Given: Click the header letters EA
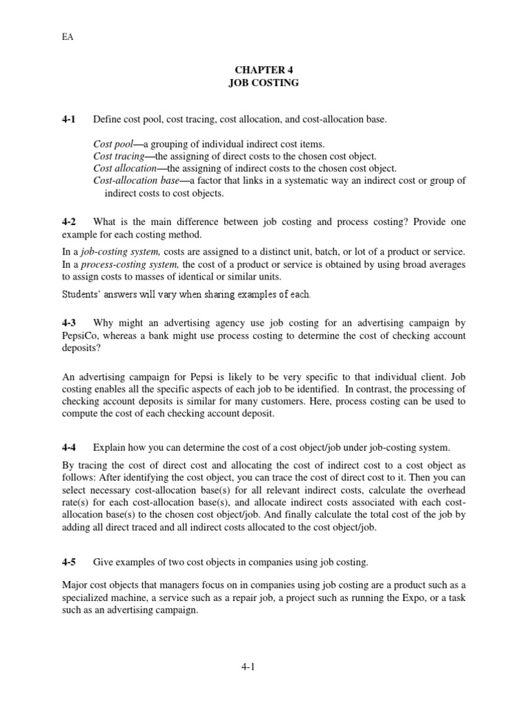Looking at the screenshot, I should pos(67,38).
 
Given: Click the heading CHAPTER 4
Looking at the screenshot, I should pos(263,70).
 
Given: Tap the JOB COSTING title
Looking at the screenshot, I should pos(263,82).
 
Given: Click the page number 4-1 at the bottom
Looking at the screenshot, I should pos(263,666).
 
